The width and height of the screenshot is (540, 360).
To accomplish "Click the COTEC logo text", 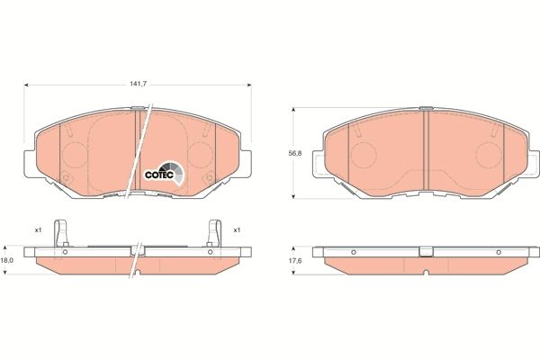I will coord(159,174).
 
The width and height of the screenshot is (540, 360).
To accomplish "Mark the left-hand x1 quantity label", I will coord(38,230).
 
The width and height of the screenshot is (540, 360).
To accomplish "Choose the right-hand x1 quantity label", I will coord(237,230).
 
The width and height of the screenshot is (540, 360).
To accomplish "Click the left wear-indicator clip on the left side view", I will coord(59,233).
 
